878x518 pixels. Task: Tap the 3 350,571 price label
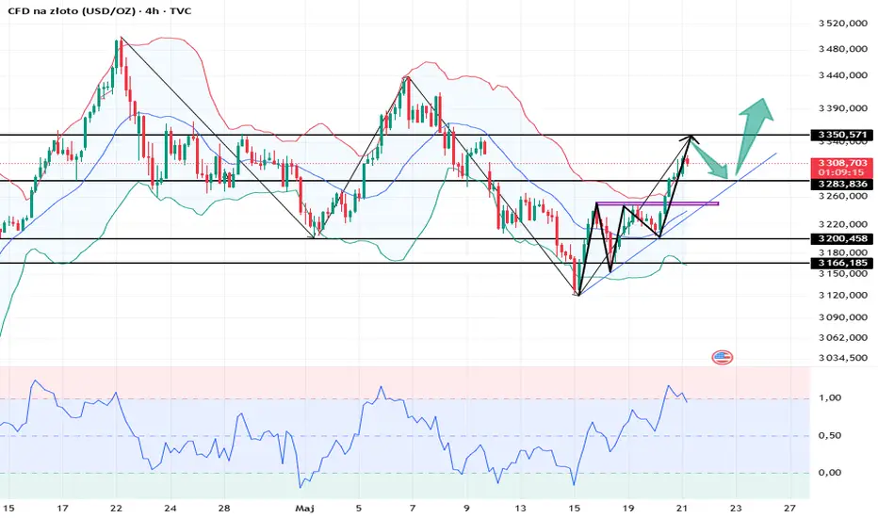pyautogui.click(x=842, y=135)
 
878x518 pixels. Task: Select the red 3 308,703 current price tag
pyautogui.click(x=842, y=162)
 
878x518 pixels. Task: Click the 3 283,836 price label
pyautogui.click(x=842, y=184)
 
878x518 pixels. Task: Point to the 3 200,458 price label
pyautogui.click(x=842, y=239)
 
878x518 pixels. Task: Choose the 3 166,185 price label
pyautogui.click(x=842, y=263)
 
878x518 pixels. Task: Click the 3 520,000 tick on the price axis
pyautogui.click(x=842, y=23)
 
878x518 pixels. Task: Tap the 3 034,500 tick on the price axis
pyautogui.click(x=842, y=358)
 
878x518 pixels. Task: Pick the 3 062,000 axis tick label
pyautogui.click(x=842, y=336)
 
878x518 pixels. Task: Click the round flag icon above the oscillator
pyautogui.click(x=723, y=358)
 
